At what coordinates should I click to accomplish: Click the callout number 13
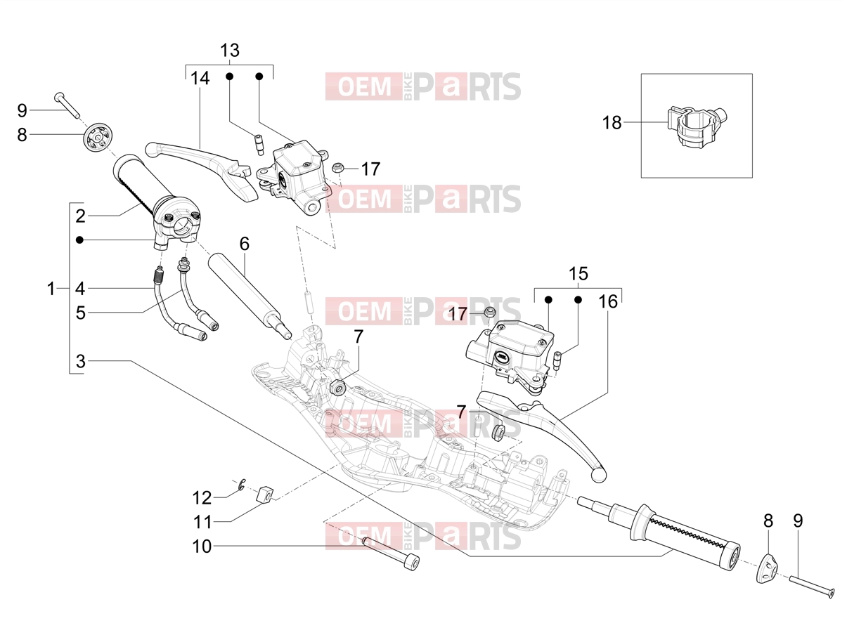click(230, 51)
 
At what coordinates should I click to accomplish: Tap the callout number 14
click(200, 79)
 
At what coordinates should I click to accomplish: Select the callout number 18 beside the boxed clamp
click(612, 123)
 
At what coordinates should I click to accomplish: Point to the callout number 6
click(245, 244)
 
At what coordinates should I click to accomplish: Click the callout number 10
click(202, 546)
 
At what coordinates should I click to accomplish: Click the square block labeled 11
click(265, 495)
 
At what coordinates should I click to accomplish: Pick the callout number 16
click(608, 302)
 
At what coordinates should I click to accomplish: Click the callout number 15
click(578, 274)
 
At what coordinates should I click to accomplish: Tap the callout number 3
click(80, 362)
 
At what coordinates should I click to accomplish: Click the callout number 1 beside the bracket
click(51, 289)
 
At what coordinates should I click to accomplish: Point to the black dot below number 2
click(79, 240)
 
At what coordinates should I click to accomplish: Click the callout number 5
click(80, 313)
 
